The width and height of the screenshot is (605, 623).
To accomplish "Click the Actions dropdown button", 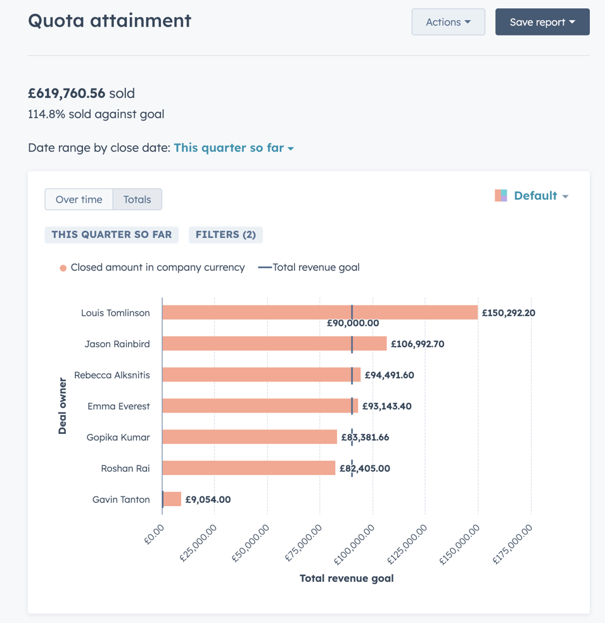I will pos(448,22).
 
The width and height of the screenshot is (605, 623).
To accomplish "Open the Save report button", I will pos(542,22).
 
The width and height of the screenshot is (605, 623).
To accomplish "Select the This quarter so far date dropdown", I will pos(233,148).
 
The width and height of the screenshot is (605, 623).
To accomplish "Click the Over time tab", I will pos(79,199).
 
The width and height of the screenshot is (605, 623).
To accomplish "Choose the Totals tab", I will pos(137,199).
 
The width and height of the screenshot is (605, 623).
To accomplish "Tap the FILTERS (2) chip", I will pos(226,235).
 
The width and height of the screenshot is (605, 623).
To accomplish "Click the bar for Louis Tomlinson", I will pos(319,312).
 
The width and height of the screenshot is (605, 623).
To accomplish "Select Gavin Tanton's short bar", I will pos(172,499).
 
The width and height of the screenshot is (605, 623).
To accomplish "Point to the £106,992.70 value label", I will pos(417,344).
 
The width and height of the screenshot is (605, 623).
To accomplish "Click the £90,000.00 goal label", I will pos(353,323).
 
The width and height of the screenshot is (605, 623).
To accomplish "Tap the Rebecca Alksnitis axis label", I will pos(112,375).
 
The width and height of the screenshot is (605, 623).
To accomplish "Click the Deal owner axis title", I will pos(62,406).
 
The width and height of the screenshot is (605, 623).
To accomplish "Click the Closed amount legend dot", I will pos(63,268).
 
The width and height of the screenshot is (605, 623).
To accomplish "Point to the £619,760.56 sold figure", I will pos(67,94).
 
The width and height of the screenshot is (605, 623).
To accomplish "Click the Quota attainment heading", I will pos(110,20).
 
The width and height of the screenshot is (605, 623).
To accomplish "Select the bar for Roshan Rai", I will pos(248,468).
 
